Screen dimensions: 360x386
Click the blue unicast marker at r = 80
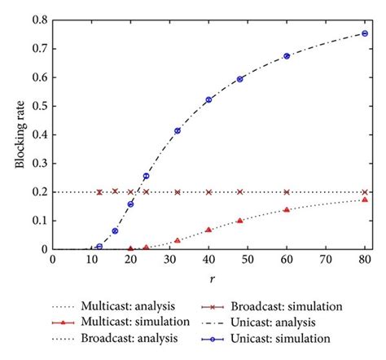tap(365, 33)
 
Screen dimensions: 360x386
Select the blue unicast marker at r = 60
tap(287, 56)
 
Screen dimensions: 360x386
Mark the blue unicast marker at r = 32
tap(178, 130)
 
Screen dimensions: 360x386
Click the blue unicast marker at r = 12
tap(99, 246)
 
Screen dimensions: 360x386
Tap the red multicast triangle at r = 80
tap(365, 199)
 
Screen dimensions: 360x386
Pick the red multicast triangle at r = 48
tap(240, 220)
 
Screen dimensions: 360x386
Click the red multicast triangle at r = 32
tap(178, 240)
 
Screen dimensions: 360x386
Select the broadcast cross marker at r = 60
tap(287, 192)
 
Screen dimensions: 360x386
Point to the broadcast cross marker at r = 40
tap(208, 192)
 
